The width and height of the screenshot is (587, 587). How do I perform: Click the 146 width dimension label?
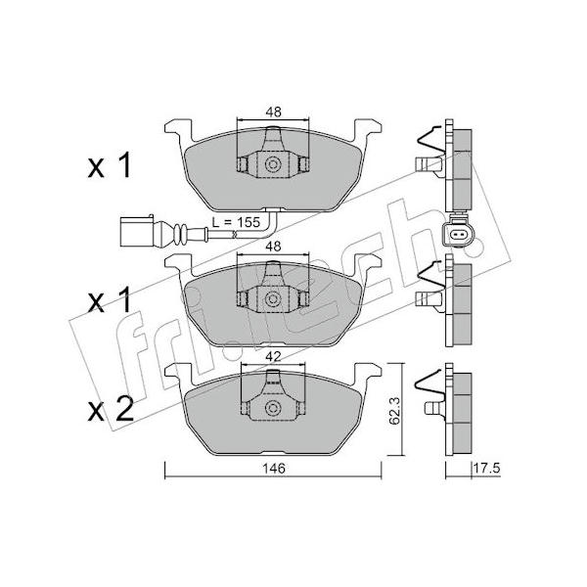(x=274, y=469)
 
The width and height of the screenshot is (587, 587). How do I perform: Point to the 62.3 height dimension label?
(x=394, y=411)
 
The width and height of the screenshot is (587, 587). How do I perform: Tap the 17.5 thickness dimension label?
(x=486, y=468)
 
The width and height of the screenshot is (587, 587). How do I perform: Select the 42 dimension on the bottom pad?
(x=273, y=356)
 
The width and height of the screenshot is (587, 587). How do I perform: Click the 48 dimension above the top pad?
(x=273, y=112)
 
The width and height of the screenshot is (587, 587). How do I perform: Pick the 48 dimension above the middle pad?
(x=273, y=246)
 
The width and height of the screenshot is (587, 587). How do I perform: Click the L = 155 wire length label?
(x=236, y=222)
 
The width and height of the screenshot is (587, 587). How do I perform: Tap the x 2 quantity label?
(x=111, y=409)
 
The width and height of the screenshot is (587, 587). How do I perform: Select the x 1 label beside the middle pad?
(x=110, y=299)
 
